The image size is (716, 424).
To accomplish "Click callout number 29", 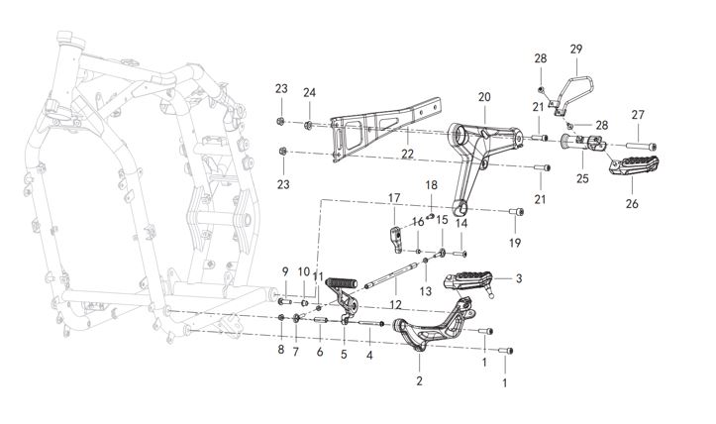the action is pos(576,49).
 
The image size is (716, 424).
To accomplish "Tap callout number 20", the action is pos(484,97).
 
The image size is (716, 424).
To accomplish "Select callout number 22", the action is pos(407,154).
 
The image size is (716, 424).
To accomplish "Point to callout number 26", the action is pos(632,204).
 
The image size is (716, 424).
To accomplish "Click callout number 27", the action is pos(638,115).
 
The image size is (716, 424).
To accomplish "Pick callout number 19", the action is pos(515,243).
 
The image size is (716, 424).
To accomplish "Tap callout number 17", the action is pos(394,198).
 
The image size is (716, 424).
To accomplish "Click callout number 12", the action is pos(395,305).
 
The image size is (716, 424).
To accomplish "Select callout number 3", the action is pos(519,278).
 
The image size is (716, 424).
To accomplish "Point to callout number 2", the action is pos(419,380).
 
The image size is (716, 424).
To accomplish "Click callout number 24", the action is pos(310,93).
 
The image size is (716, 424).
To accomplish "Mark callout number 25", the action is pos(582,178).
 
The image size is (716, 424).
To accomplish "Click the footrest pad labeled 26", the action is pos(635,164).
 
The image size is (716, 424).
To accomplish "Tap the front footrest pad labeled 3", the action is pos(468,281).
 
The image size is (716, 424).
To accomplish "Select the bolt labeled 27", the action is pos(641,147).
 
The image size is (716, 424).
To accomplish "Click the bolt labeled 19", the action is pos(517,212).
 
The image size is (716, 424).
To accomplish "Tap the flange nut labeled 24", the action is pos(308,124).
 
